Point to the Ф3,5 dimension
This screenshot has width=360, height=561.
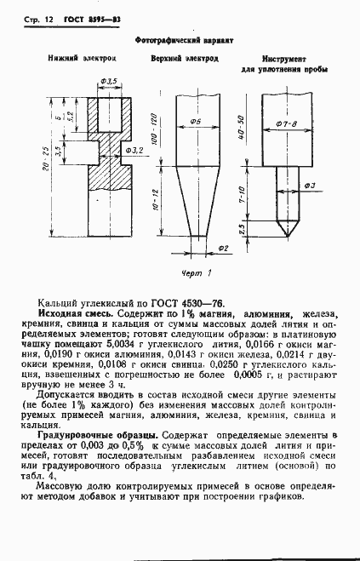(x=109, y=82)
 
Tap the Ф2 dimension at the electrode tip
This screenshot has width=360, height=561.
(x=224, y=248)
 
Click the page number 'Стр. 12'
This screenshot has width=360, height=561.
(x=35, y=20)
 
